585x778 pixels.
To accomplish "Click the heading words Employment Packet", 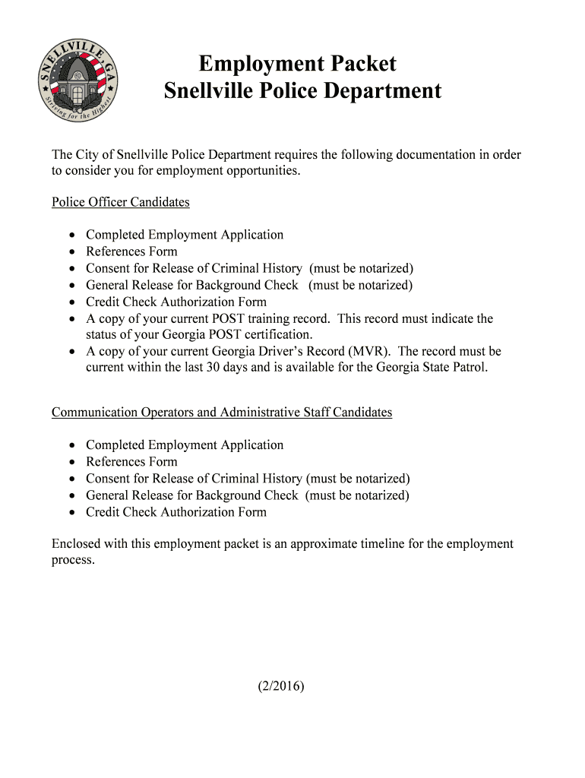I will pos(297,63).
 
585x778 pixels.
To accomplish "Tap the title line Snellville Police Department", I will pos(302,91).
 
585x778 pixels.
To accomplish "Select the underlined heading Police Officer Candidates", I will pos(120,202).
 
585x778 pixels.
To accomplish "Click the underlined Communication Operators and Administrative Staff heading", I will pos(222,413).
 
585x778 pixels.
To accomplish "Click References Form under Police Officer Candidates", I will pos(131,251).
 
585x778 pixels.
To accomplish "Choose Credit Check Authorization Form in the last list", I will pos(176,512).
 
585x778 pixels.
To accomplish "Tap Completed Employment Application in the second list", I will pos(185,445).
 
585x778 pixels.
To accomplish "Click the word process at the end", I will pos(72,561).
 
